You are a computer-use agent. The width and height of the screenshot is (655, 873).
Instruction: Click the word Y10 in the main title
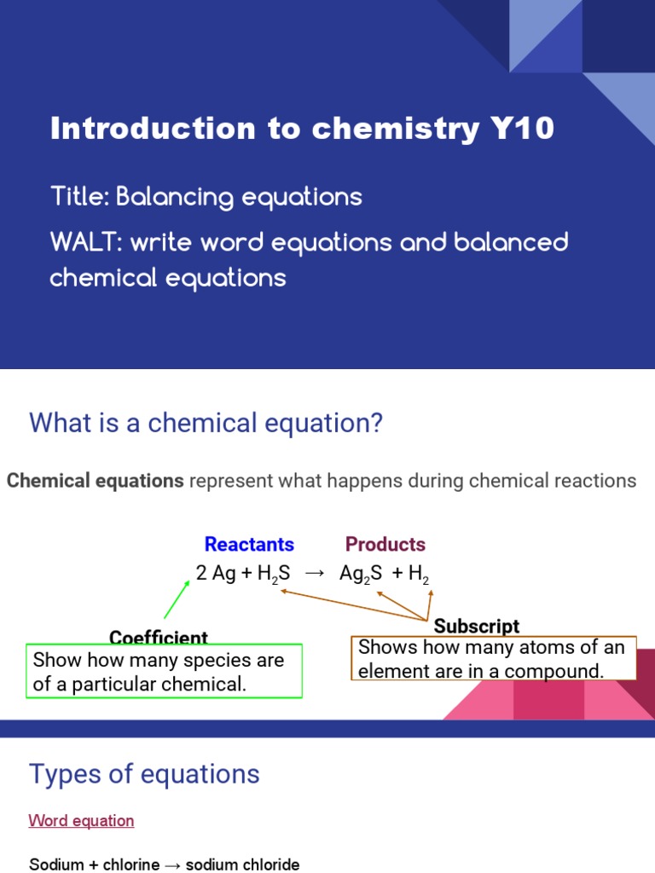pos(522,129)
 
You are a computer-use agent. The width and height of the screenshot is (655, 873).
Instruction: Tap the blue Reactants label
pos(249,544)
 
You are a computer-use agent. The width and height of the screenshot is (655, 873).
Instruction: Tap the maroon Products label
pos(385,544)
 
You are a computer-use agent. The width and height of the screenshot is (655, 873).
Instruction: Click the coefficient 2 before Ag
pos(201,574)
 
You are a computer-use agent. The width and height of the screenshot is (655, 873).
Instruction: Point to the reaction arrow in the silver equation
pos(315,574)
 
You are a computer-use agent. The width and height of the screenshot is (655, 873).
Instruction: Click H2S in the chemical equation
pos(273,575)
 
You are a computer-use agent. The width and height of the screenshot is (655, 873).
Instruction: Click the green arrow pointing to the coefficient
pos(177,598)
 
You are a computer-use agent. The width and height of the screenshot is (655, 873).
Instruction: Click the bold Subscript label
pos(477,627)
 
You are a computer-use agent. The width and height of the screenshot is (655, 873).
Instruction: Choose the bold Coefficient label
pos(159,639)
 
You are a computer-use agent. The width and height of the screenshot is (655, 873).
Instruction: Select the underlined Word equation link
pos(81,821)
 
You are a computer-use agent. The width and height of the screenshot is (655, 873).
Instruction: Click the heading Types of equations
pos(144,774)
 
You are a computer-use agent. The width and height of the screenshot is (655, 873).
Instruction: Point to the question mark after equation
pos(376,423)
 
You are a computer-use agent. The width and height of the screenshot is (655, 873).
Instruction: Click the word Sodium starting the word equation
pos(56,864)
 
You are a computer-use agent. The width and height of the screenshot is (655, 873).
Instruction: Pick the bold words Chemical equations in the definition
pos(95,481)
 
